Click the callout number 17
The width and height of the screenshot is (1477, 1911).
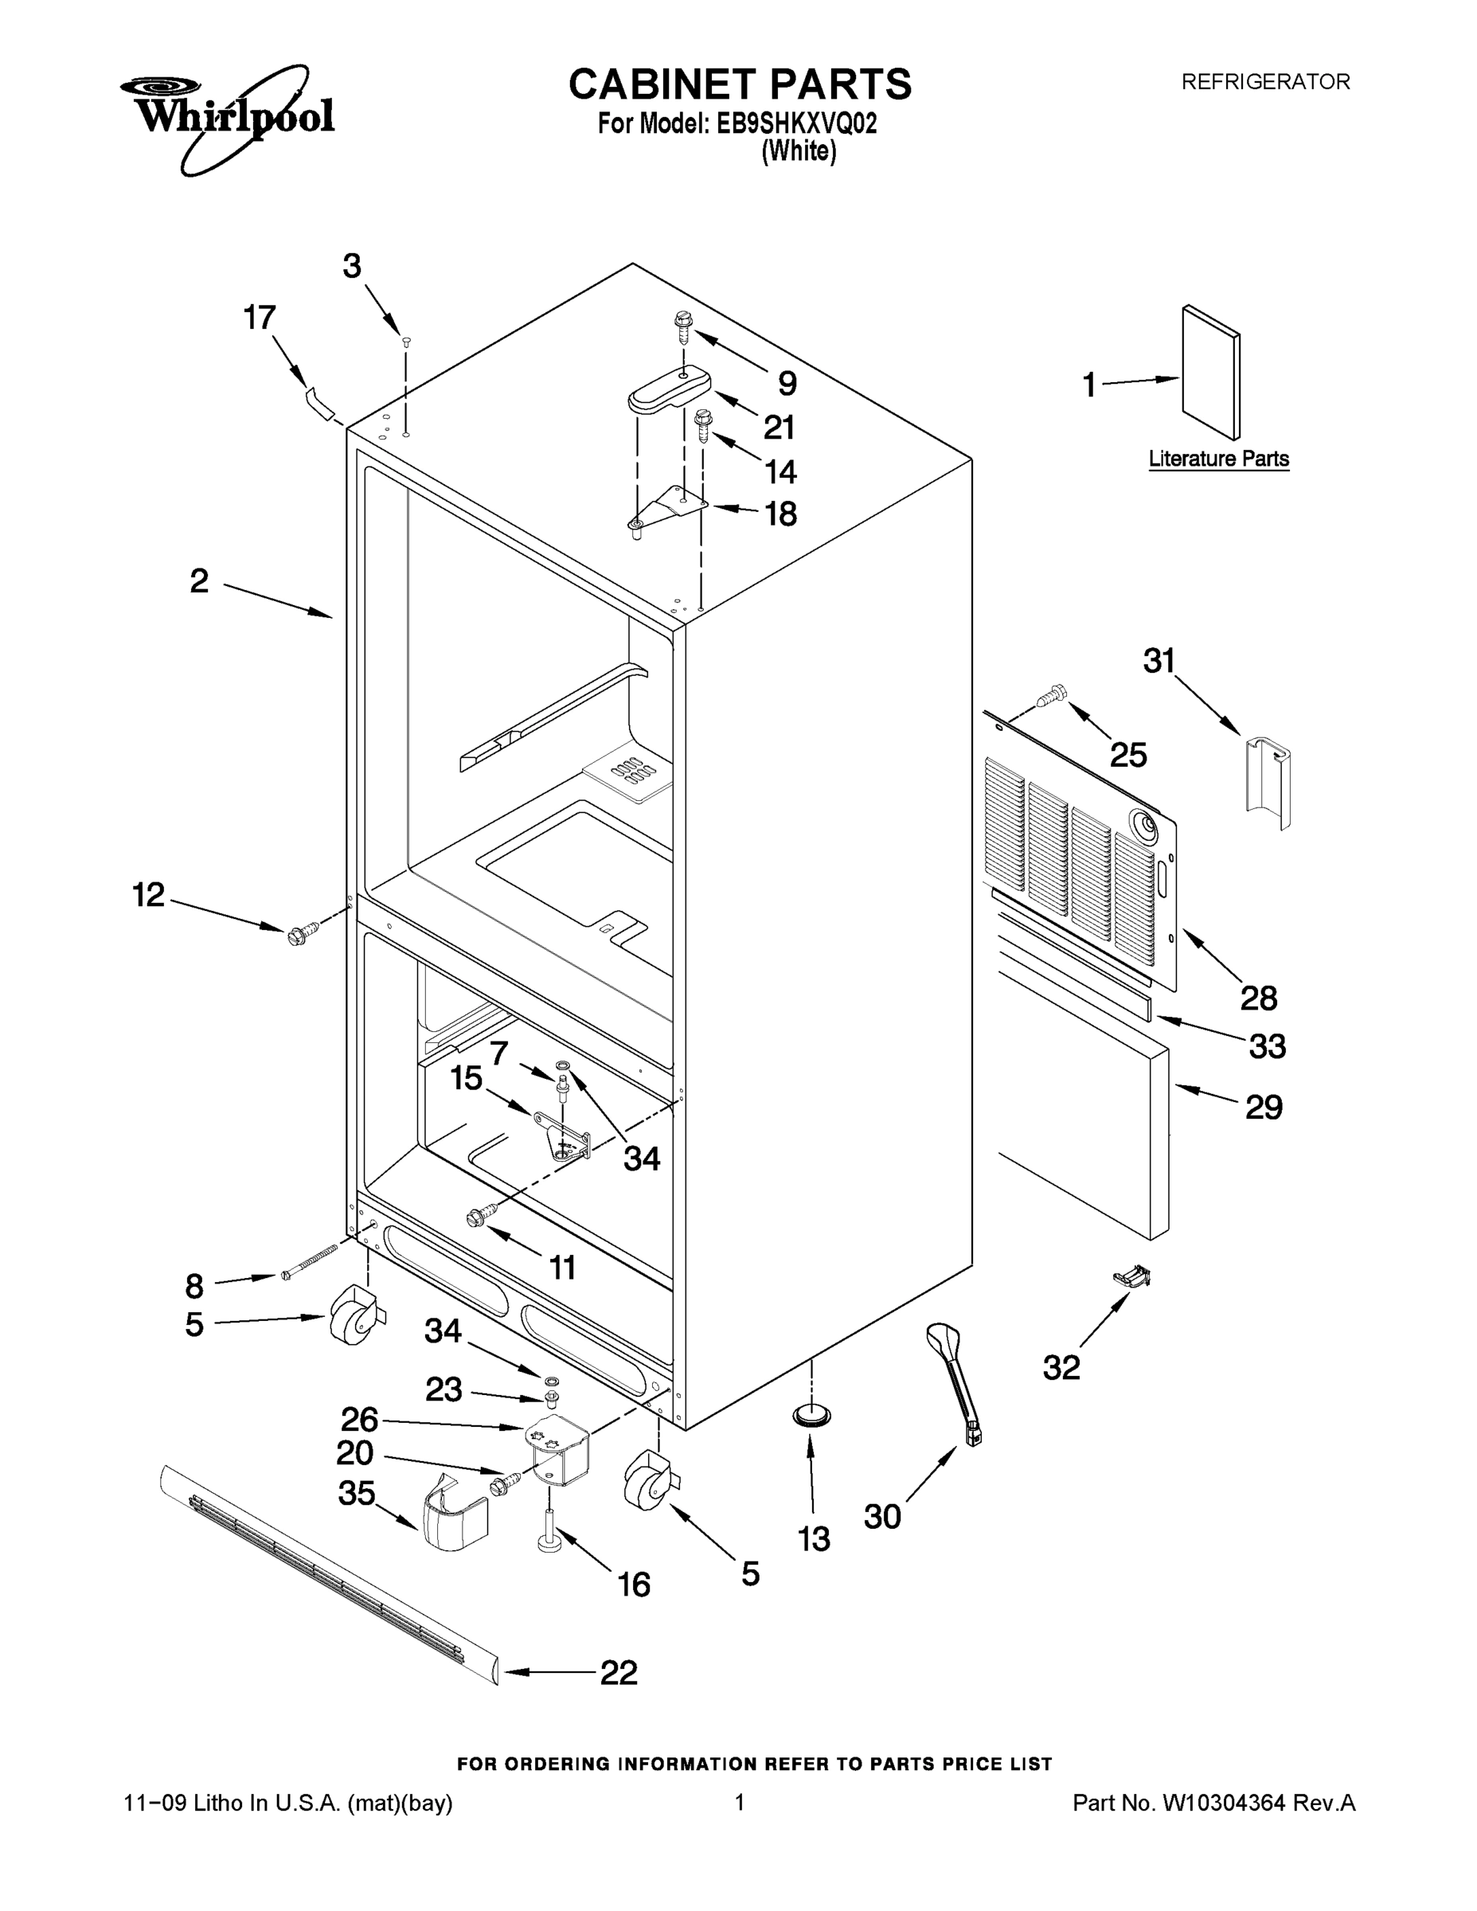coord(259,318)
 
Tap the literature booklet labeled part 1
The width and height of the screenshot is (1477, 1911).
coord(1210,372)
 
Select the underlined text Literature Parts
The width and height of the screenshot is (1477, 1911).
coord(1218,459)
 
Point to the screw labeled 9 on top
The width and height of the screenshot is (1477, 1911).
coord(682,327)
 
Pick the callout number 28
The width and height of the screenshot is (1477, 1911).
coord(1258,998)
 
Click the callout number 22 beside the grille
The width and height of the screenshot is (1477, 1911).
coord(619,1673)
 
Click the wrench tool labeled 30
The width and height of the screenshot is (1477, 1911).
coord(955,1381)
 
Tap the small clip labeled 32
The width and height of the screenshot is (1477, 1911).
coord(1132,1277)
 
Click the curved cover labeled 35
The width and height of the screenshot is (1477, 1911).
coord(454,1519)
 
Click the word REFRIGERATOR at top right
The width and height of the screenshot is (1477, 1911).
coord(1265,82)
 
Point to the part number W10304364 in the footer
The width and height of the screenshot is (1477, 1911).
coord(1222,1803)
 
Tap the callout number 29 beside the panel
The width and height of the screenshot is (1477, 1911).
coord(1264,1108)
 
